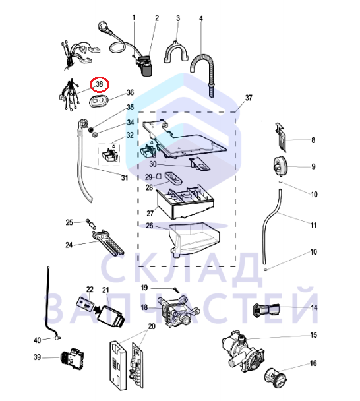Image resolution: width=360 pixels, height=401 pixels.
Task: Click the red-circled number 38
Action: [99, 84]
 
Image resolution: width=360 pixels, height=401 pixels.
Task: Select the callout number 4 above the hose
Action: [201, 18]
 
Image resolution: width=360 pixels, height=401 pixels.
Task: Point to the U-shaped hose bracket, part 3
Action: [175, 52]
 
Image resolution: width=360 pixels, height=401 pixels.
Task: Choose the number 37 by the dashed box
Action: [249, 98]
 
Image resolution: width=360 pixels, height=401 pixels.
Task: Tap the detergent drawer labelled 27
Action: [185, 202]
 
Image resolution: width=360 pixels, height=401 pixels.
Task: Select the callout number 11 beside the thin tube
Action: [313, 225]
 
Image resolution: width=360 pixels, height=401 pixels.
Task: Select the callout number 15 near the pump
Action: [313, 335]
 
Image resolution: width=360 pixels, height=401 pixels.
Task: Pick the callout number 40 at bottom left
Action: [38, 340]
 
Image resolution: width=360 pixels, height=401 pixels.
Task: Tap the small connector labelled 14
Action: [266, 310]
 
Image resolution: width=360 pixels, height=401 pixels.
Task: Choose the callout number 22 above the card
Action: [90, 290]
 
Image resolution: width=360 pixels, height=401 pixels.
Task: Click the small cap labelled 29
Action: [159, 176]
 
